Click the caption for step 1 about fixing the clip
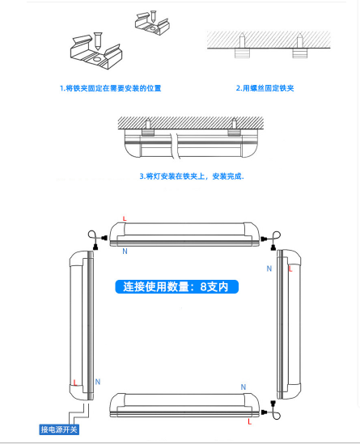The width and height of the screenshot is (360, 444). tap(111, 88)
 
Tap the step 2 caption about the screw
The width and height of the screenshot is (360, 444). tap(265, 88)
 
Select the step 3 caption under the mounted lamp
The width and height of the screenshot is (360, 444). tap(192, 176)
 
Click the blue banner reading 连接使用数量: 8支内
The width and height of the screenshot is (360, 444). tap(176, 286)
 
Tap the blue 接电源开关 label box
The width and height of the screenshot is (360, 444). tap(59, 429)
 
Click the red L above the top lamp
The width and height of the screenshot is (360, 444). tap(125, 218)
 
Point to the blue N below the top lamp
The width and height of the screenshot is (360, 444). tap(125, 252)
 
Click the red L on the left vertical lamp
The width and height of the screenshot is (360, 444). tap(75, 383)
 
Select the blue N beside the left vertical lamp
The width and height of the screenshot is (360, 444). tap(98, 382)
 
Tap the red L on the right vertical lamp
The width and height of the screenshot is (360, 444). tap(290, 269)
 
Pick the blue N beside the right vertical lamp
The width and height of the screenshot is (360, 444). tap(269, 269)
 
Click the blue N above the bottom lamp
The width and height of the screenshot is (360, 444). tap(244, 387)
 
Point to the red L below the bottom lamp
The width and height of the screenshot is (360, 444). tap(249, 421)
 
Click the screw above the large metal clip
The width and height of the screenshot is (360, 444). tap(98, 40)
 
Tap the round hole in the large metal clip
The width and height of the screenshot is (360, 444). tap(97, 60)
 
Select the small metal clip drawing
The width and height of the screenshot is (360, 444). tap(152, 23)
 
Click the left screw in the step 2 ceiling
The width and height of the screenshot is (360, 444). tap(242, 40)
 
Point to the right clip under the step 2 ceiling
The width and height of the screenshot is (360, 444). tap(300, 53)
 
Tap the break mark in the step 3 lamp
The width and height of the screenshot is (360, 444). tap(176, 146)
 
